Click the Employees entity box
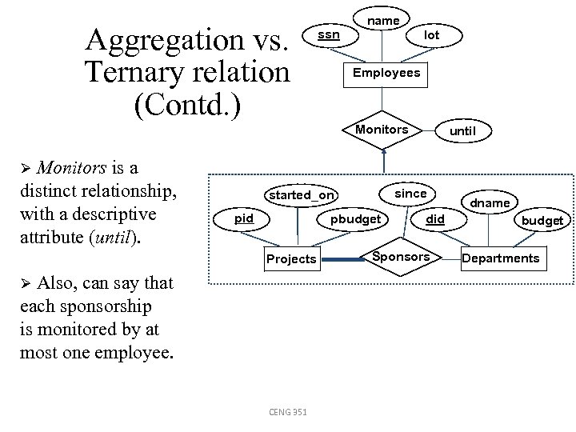tap(382, 73)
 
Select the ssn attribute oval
tap(328, 34)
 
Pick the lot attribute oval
tap(431, 35)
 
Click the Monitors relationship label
tap(382, 130)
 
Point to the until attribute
tap(462, 130)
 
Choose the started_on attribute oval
tap(302, 195)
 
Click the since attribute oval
tap(410, 193)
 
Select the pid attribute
tap(243, 218)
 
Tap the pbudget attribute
tap(355, 218)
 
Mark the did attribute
tap(434, 218)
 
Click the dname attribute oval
tap(490, 203)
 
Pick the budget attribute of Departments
tap(542, 220)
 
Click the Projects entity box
tap(291, 258)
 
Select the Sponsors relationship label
tap(402, 258)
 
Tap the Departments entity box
tap(501, 258)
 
